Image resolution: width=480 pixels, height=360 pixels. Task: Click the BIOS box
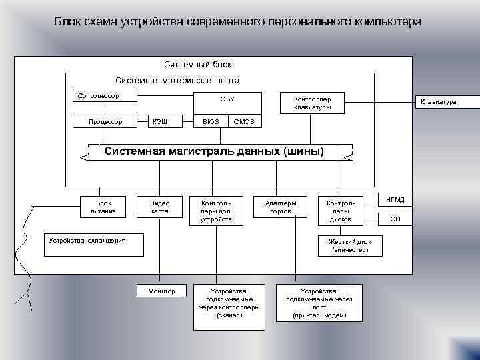(210, 122)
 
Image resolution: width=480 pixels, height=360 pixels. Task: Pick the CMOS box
(243, 122)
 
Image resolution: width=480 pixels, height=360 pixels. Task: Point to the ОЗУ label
(227, 100)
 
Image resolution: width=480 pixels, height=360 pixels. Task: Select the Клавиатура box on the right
(437, 102)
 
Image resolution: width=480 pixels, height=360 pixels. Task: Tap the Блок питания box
(103, 207)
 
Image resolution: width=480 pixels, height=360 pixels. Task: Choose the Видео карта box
(159, 207)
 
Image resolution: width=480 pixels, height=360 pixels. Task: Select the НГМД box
(395, 199)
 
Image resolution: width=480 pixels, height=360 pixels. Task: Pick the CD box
(395, 219)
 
